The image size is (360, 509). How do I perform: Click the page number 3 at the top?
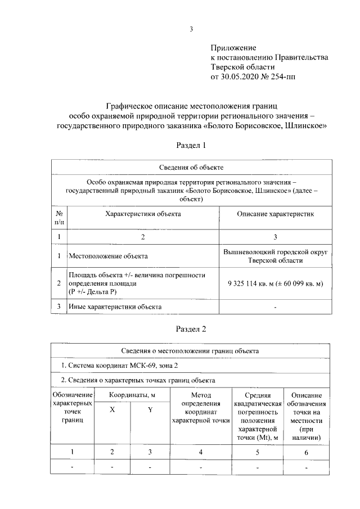[191, 29]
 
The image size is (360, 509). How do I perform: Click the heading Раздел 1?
[191, 145]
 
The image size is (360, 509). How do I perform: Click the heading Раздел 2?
[191, 328]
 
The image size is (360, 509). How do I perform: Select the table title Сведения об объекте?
[191, 168]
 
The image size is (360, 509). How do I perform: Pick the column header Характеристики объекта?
[143, 214]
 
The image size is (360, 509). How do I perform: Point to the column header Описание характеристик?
[275, 214]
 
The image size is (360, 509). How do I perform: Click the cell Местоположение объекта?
[108, 256]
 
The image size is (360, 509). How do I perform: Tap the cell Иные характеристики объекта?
[115, 307]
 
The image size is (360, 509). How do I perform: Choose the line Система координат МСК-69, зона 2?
[113, 366]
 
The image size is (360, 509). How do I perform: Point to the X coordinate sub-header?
[112, 410]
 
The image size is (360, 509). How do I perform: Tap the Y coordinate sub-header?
[150, 410]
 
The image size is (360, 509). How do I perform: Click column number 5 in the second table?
[258, 452]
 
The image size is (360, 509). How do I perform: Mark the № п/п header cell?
[59, 218]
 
